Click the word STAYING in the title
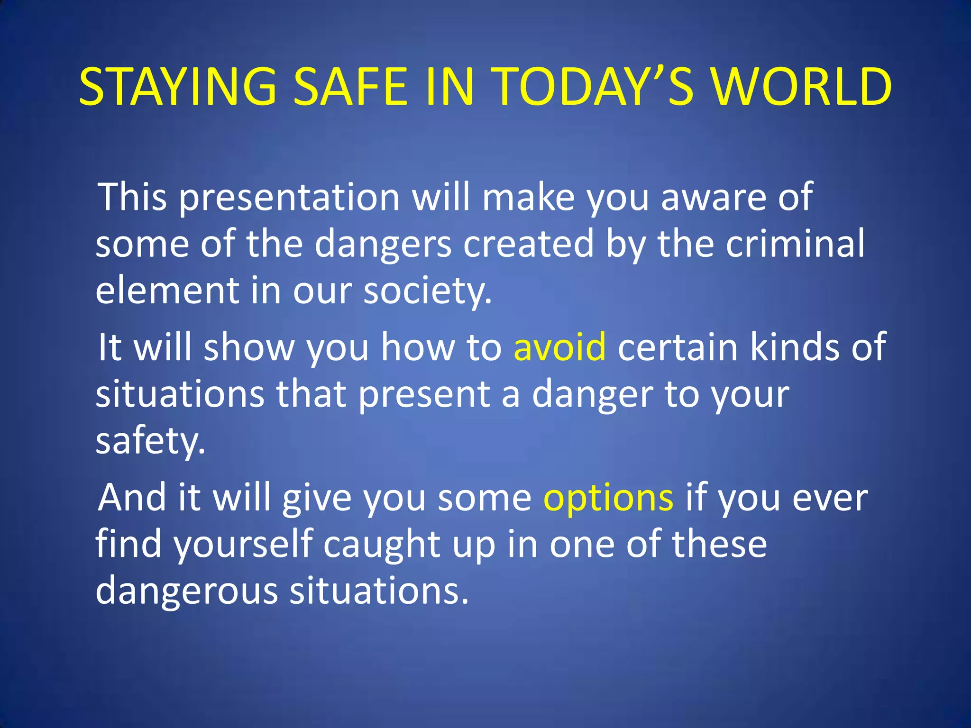coord(178,86)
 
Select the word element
coord(167,290)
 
